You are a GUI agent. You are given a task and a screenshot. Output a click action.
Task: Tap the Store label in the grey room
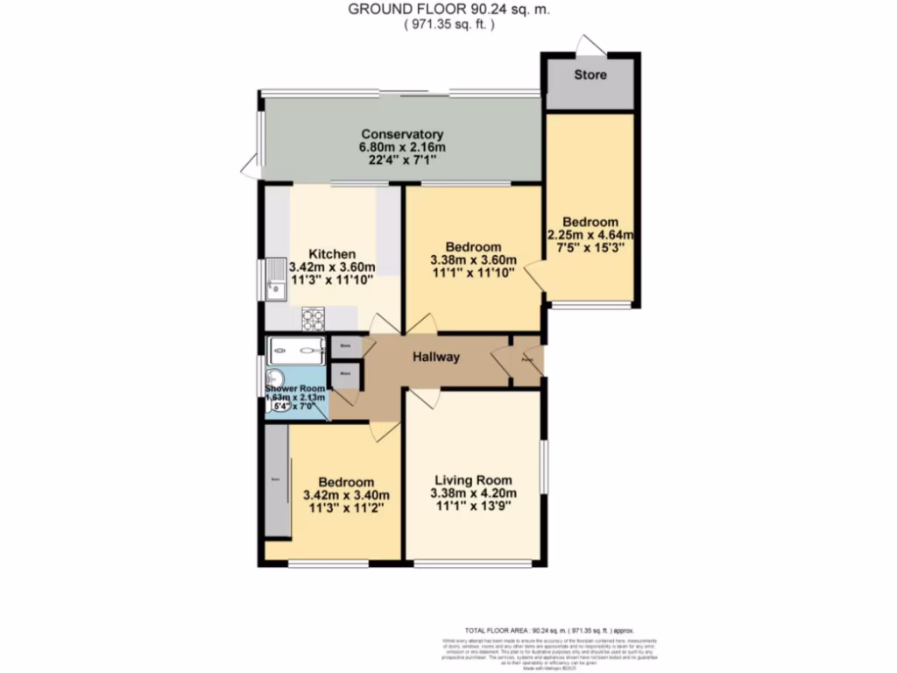tap(590, 75)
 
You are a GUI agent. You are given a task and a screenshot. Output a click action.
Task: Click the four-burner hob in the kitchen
tap(314, 316)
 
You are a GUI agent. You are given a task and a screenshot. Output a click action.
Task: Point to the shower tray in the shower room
tap(296, 349)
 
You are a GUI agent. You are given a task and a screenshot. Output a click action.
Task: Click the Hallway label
tap(436, 358)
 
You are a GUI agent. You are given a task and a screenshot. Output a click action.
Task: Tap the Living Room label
tap(472, 480)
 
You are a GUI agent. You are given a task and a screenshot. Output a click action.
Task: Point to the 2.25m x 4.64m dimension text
tap(590, 235)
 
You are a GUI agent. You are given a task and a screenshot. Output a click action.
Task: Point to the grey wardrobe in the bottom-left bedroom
tap(278, 480)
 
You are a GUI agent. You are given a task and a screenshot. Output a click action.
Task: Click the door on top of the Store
tap(590, 45)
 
